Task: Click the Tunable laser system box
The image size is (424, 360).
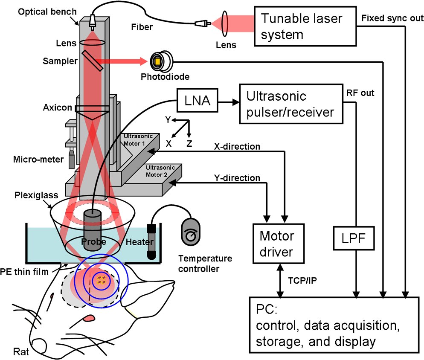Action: pyautogui.click(x=305, y=26)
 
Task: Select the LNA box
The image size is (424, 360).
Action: pyautogui.click(x=197, y=100)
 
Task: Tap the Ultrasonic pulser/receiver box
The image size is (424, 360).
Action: pyautogui.click(x=291, y=104)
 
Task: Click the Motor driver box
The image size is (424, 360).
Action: pyautogui.click(x=279, y=244)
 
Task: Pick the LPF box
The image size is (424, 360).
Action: pyautogui.click(x=354, y=238)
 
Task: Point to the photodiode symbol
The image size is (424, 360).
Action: pyautogui.click(x=161, y=61)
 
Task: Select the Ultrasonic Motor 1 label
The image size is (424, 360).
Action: pyautogui.click(x=138, y=140)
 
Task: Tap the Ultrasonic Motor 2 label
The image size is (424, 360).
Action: pyautogui.click(x=160, y=171)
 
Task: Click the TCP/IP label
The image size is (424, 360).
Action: pyautogui.click(x=302, y=281)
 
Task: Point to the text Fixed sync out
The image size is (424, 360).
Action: pyautogui.click(x=392, y=18)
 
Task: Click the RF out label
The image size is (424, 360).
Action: pyautogui.click(x=360, y=93)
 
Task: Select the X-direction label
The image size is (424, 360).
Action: pyautogui.click(x=237, y=146)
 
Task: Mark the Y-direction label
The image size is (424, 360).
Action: pyautogui.click(x=237, y=178)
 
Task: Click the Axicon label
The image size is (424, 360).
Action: pyautogui.click(x=58, y=107)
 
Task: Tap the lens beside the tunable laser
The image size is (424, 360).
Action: pyautogui.click(x=225, y=23)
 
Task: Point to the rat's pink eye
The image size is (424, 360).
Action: pyautogui.click(x=89, y=318)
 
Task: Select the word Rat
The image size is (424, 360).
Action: pyautogui.click(x=21, y=352)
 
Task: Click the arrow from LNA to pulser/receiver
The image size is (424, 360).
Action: pyautogui.click(x=229, y=102)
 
